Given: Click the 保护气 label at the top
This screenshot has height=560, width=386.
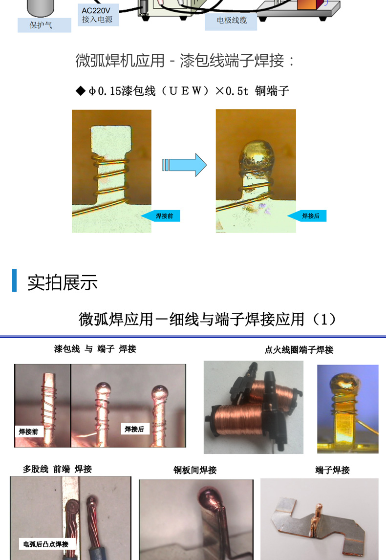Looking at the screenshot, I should pos(41,25).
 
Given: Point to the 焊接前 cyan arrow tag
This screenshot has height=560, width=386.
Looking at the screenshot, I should pos(161,216).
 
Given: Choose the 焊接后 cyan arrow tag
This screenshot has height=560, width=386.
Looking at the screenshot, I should pos(307,216).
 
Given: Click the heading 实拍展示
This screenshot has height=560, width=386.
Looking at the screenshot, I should pos(63,282).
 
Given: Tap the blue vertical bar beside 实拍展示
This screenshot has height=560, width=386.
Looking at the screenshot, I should pos(15,280).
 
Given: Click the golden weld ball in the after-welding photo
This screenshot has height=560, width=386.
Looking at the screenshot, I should pos(256,155).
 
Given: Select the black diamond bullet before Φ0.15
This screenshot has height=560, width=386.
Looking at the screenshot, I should pos(81,91).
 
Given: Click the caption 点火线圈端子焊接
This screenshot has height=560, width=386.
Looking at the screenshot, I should pos(299,350).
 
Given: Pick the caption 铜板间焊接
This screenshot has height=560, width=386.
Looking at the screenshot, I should pos(195,470).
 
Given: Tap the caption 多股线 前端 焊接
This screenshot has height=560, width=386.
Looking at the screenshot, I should pos(57,469).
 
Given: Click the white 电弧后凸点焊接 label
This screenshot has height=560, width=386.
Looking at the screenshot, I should pos(45,544).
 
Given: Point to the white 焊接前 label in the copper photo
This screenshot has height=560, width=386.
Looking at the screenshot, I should pos(28,431).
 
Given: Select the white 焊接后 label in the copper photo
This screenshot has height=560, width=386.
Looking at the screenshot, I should pos(134,429).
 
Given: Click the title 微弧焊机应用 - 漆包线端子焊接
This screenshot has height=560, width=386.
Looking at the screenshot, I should pos(186,61).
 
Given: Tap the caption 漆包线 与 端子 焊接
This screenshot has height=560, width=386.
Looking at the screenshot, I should pos(95,349).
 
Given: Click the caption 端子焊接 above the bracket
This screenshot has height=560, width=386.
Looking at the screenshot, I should pos(333,470).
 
